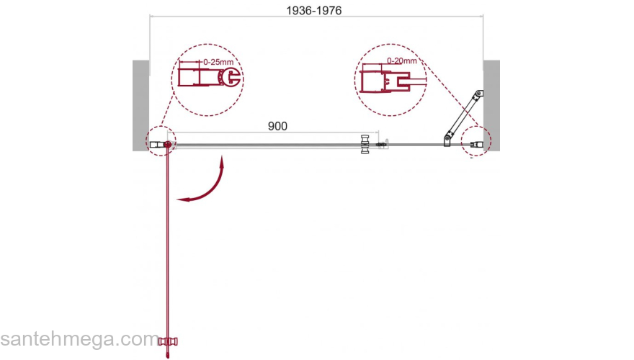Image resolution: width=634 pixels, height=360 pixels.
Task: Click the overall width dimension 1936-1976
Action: (x=314, y=11)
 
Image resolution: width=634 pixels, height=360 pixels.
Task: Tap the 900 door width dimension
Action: (x=277, y=126)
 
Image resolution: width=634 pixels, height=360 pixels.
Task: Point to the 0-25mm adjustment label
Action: (x=218, y=62)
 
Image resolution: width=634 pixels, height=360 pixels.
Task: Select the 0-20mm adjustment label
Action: (x=401, y=60)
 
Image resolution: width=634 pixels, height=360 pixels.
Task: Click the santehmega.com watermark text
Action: (x=79, y=338)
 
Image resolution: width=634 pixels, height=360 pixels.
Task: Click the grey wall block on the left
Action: (x=140, y=105)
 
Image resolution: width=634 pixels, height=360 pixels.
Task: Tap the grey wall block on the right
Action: (x=491, y=105)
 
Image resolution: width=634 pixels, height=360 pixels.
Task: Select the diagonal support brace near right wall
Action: (x=463, y=117)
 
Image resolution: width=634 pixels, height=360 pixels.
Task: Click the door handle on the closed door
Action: (x=365, y=144)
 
